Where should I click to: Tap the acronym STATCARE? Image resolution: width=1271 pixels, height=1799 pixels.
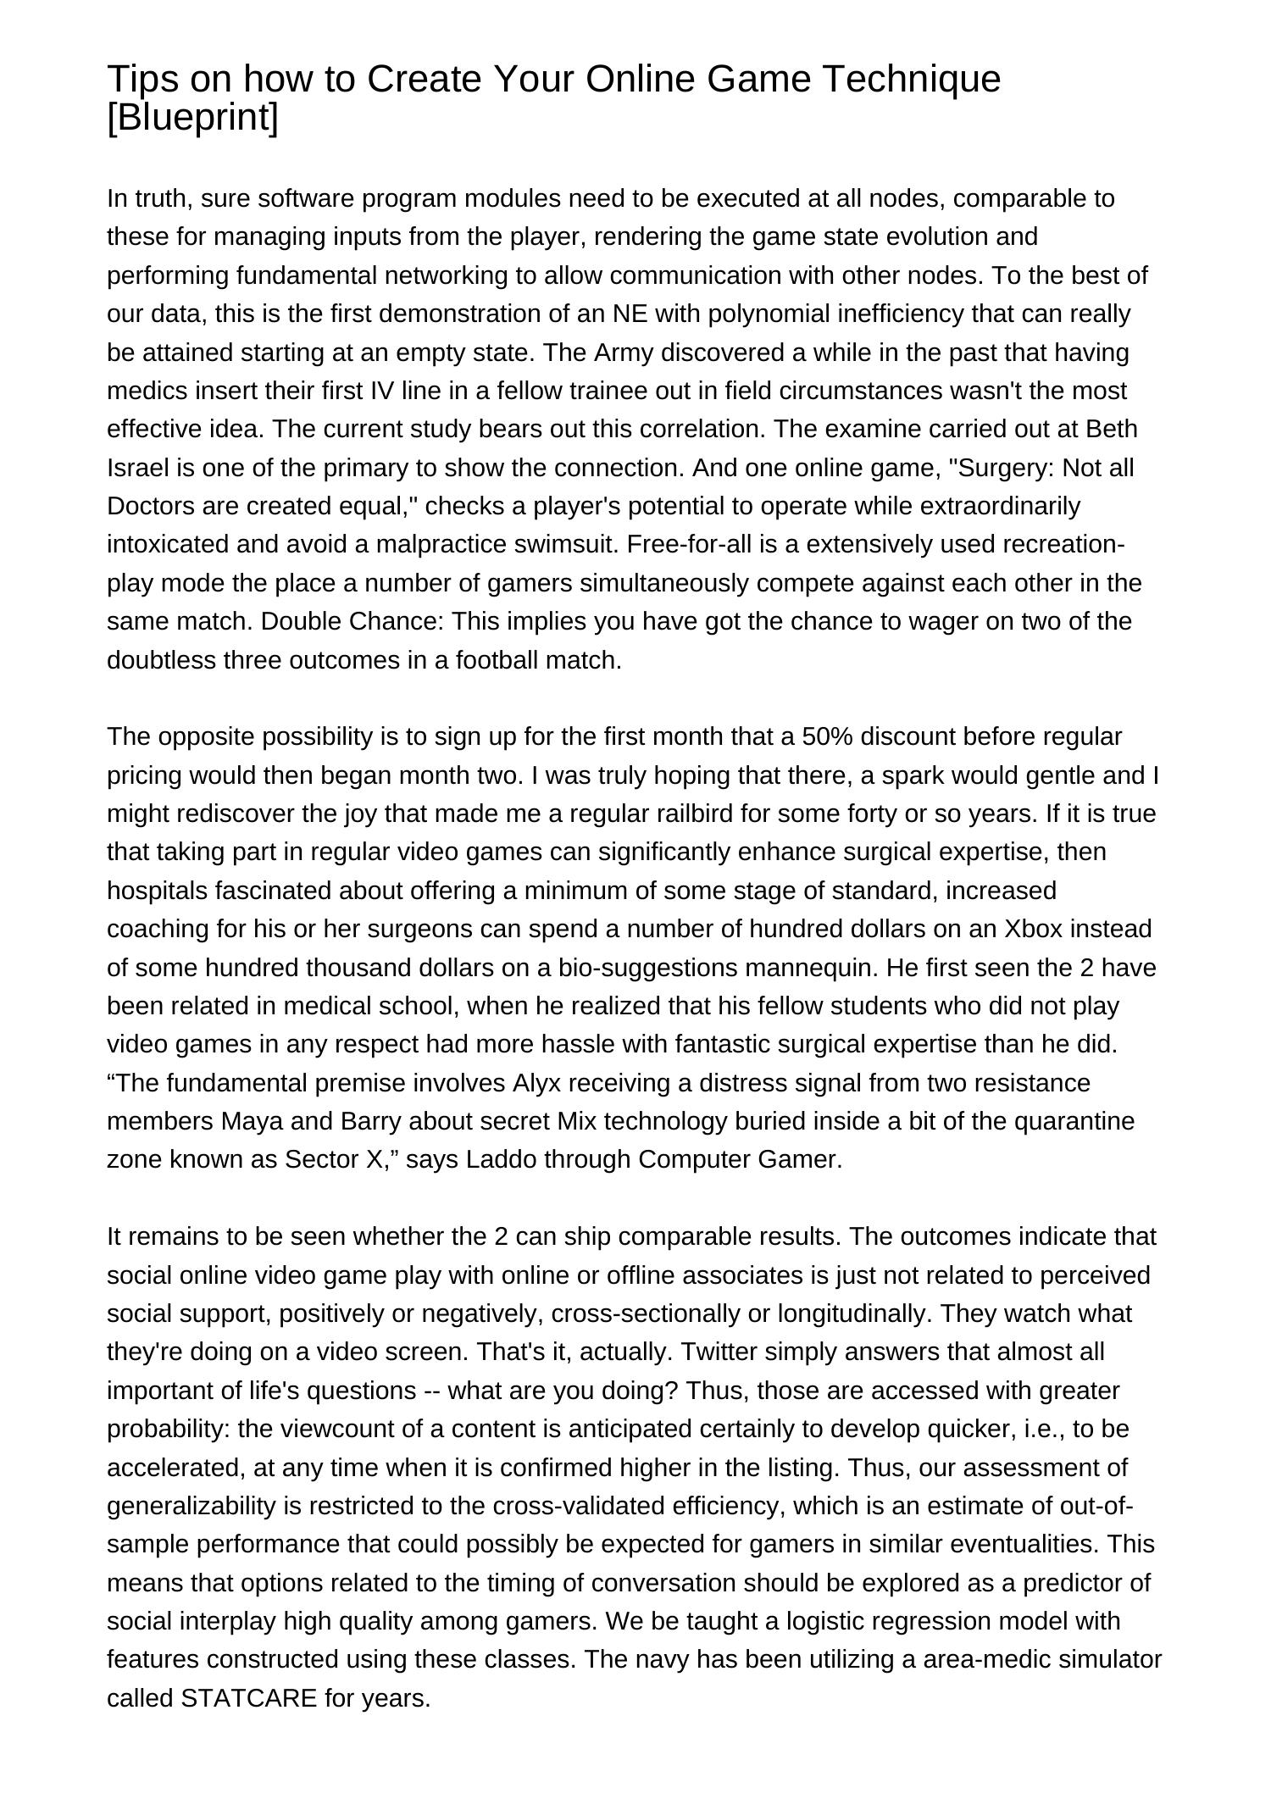coord(249,1698)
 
